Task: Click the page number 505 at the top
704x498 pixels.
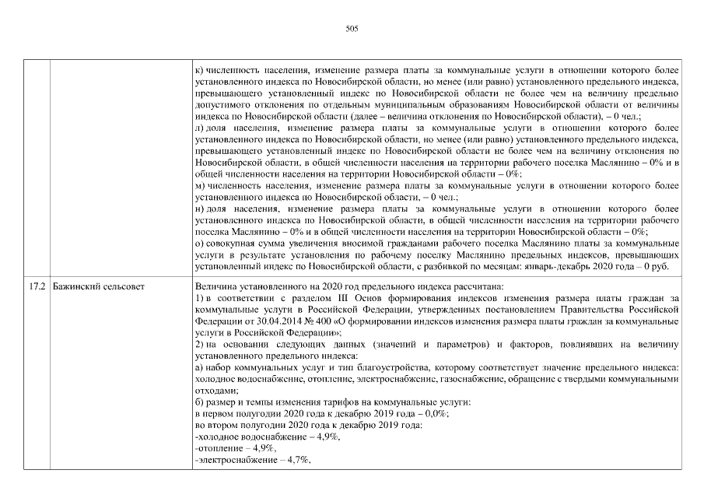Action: point(351,29)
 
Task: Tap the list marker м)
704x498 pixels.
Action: point(200,188)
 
